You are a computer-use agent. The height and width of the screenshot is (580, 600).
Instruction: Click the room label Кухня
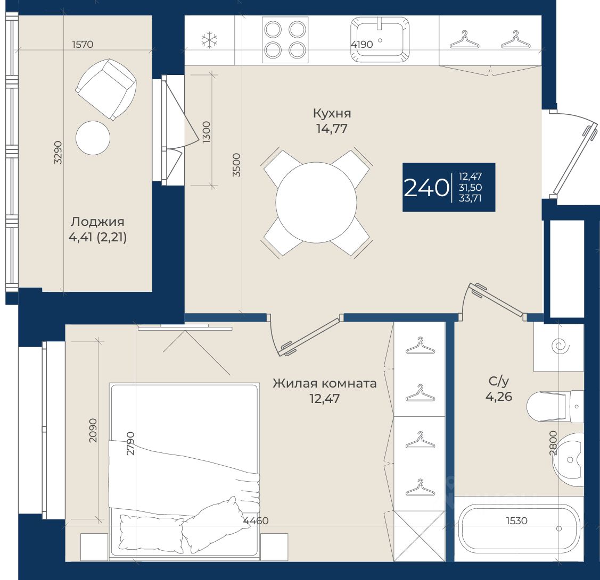[x=332, y=113]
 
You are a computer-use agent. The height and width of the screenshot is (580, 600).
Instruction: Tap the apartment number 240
[x=426, y=188]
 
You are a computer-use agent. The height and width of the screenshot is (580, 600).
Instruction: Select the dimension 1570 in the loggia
[x=83, y=44]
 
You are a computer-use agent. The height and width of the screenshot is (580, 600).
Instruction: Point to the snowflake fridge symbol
[x=210, y=40]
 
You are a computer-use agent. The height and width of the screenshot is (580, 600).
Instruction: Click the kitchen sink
[x=380, y=39]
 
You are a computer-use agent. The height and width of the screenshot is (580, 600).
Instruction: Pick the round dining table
[x=316, y=202]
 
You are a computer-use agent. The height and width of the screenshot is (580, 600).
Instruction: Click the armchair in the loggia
[x=106, y=89]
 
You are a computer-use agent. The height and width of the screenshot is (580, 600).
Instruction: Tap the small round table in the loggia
[x=93, y=138]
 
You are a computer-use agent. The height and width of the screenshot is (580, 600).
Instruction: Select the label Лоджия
[x=97, y=222]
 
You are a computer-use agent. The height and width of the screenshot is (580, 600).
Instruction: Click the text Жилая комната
[x=325, y=383]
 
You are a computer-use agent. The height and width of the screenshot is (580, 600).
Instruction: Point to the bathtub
[x=519, y=528]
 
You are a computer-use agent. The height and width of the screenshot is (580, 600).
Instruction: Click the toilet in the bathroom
[x=555, y=406]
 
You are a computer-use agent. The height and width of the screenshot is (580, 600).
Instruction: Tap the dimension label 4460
[x=256, y=520]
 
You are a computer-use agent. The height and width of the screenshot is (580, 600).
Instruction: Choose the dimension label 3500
[x=237, y=165]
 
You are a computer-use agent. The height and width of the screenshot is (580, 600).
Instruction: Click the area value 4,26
[x=499, y=397]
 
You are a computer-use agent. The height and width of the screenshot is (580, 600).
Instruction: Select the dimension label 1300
[x=206, y=132]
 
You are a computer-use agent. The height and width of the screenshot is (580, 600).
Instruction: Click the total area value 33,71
[x=470, y=198]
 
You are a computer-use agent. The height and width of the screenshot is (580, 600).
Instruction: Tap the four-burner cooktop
[x=285, y=40]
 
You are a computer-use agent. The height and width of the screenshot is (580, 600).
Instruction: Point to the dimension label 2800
[x=553, y=443]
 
